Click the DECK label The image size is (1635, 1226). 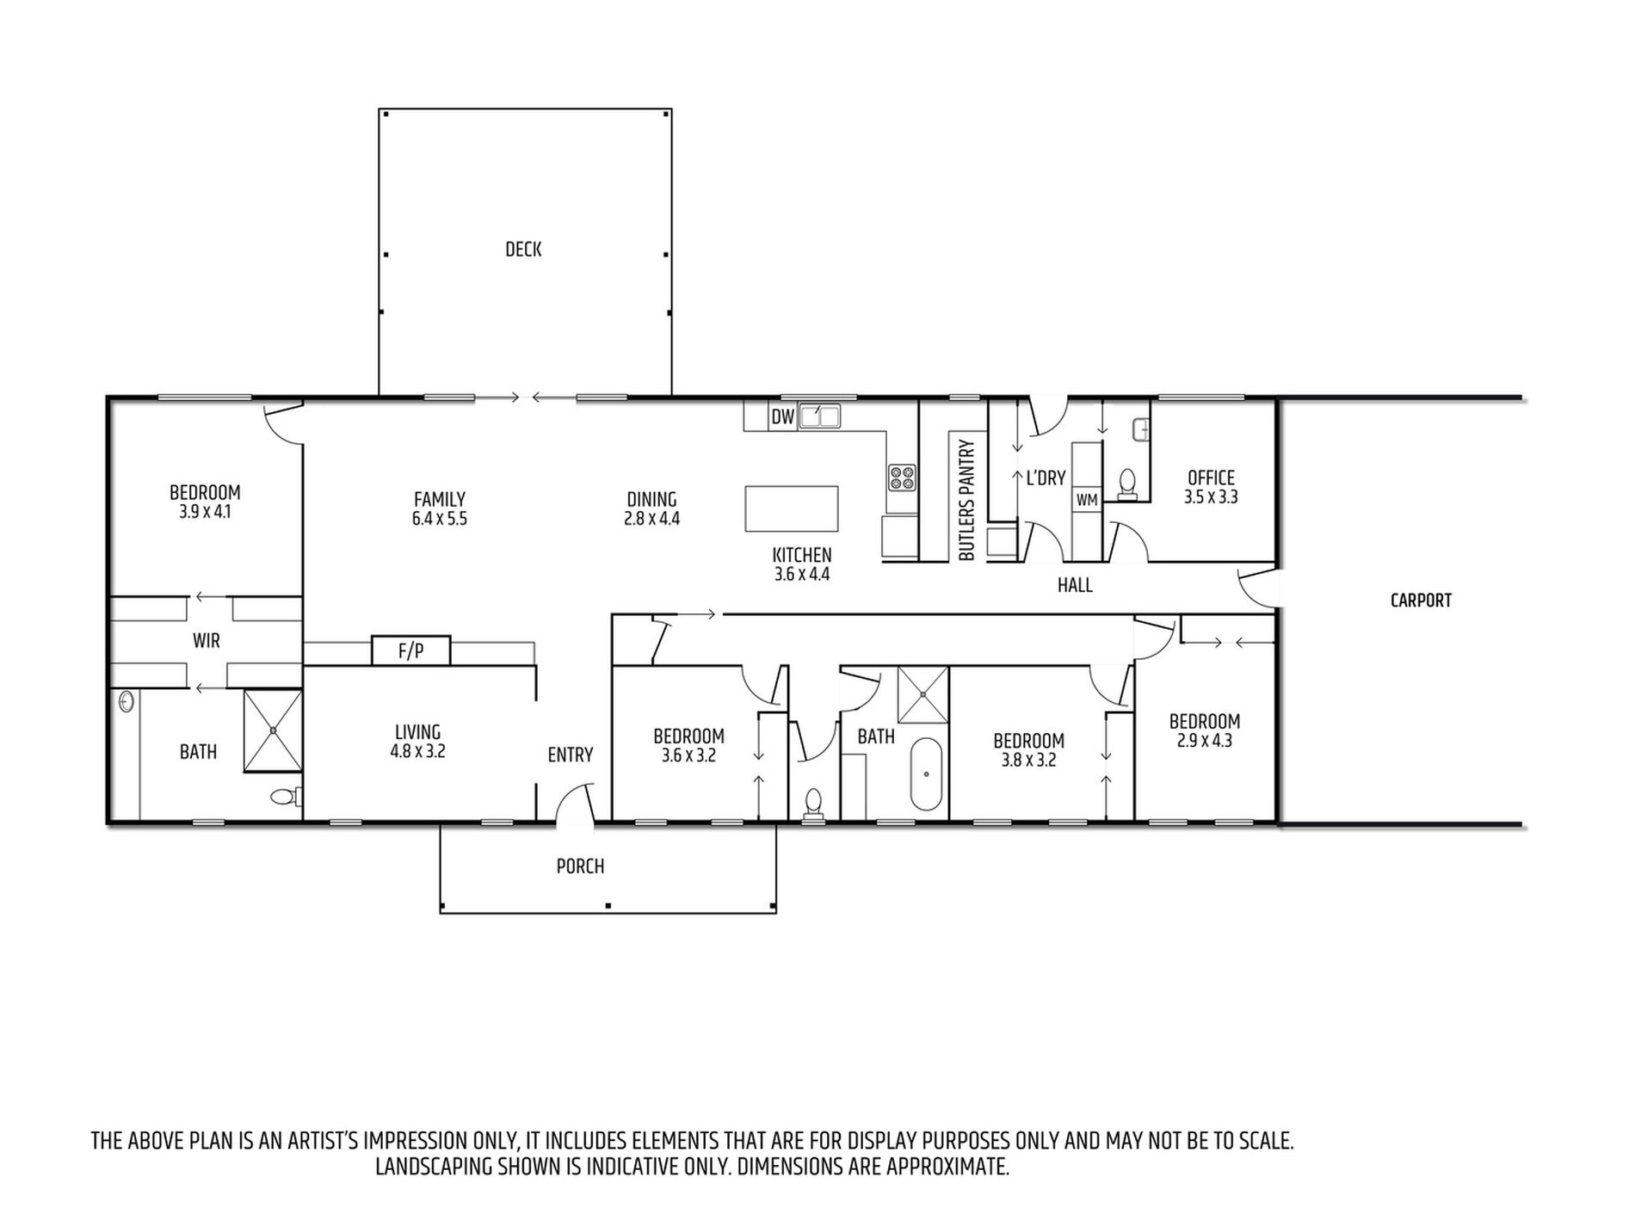(523, 250)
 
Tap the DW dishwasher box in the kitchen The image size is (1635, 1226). (782, 417)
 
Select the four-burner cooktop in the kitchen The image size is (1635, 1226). (903, 477)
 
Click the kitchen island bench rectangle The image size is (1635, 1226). (792, 509)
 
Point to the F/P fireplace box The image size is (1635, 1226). (411, 650)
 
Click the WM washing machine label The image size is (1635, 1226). (1087, 499)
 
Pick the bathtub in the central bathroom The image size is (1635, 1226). (926, 773)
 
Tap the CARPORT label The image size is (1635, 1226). (1421, 601)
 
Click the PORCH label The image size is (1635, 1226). (580, 866)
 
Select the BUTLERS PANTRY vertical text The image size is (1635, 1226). (966, 501)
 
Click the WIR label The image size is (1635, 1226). (207, 641)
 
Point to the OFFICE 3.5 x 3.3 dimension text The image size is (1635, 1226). (1211, 497)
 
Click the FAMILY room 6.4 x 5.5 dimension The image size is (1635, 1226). (440, 519)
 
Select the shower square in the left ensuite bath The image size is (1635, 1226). (273, 730)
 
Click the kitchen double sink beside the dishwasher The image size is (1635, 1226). (820, 416)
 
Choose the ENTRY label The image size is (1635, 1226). (571, 755)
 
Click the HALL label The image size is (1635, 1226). (1075, 586)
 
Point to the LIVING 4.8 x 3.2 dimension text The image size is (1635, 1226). (417, 751)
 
